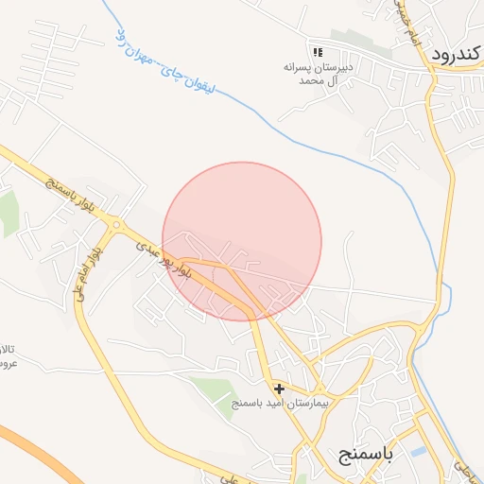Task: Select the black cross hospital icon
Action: click(x=279, y=388)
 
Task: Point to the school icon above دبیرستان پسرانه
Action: click(x=317, y=51)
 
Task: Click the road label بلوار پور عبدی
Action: click(x=164, y=258)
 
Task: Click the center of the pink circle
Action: click(x=242, y=241)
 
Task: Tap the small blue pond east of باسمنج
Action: click(x=418, y=452)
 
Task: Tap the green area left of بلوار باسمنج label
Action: click(x=8, y=213)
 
